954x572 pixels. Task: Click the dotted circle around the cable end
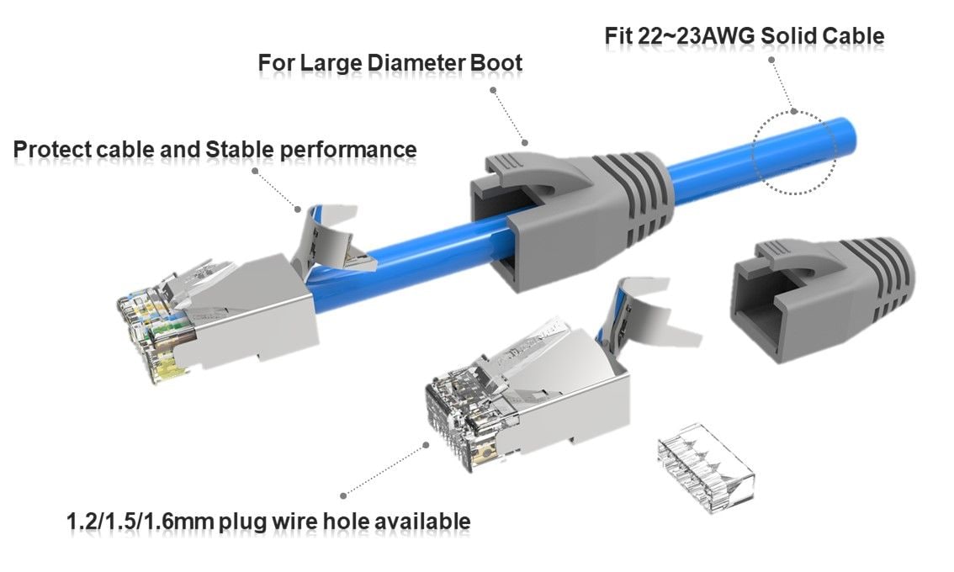794,151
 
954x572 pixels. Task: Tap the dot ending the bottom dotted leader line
342,495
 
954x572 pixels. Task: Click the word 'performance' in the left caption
348,150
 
